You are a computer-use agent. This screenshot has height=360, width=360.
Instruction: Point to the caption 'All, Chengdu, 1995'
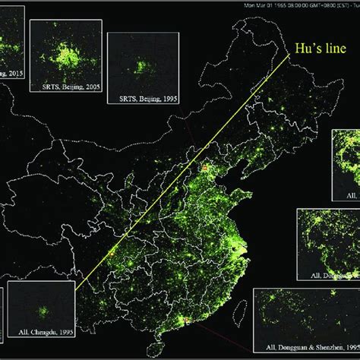(43, 333)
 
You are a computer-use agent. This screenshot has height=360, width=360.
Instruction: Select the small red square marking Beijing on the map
(204, 166)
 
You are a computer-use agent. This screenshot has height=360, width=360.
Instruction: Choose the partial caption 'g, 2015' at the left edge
(11, 74)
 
